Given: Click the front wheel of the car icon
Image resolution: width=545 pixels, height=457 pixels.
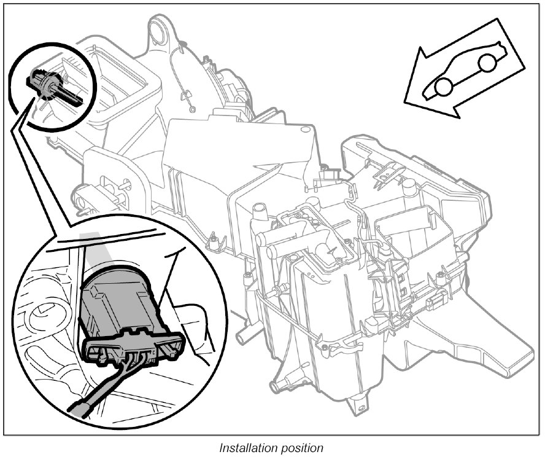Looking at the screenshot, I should coord(443,88).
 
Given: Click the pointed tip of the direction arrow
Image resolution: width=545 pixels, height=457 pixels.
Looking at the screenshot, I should coord(406,98).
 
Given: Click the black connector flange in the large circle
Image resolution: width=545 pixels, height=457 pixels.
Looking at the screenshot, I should coord(132,350).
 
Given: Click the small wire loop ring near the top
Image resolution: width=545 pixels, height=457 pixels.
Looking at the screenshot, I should coord(193,110).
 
